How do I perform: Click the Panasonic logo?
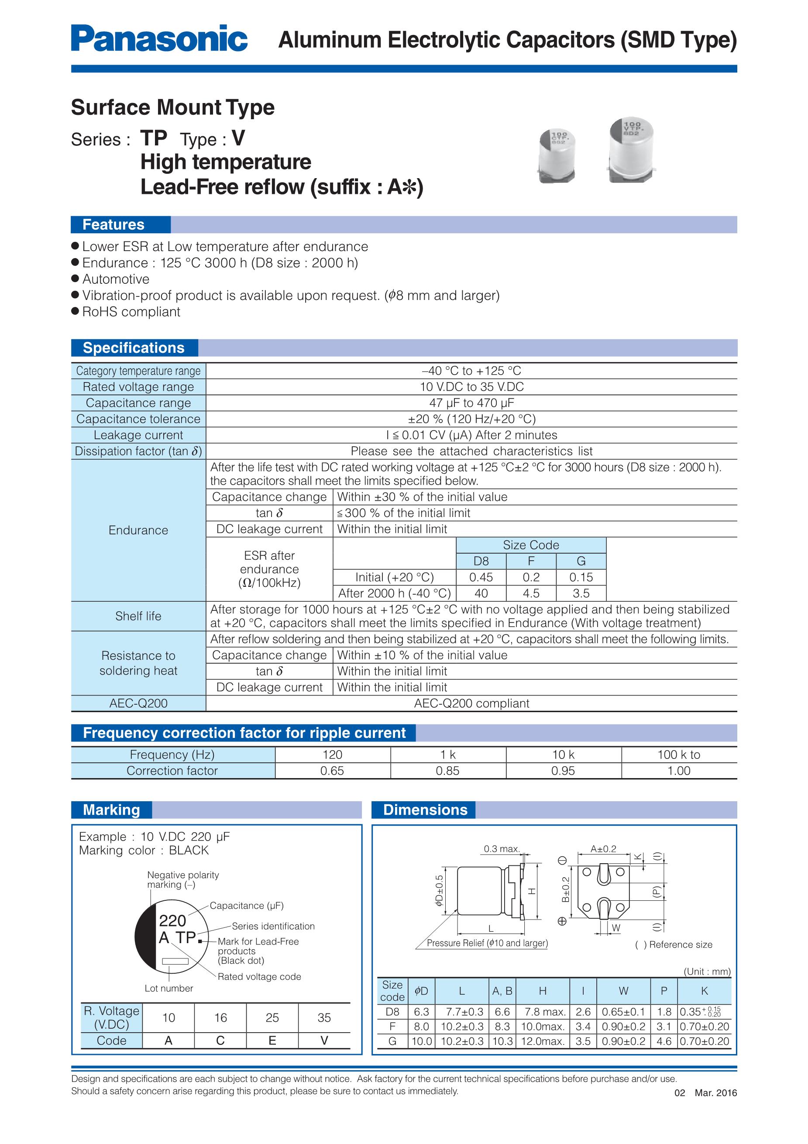click(159, 39)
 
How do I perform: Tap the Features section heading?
click(113, 225)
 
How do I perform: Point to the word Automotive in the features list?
click(116, 279)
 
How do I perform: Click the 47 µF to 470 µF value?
click(471, 403)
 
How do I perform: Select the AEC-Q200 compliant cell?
click(471, 703)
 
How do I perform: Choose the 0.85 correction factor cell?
click(447, 770)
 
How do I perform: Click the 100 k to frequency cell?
click(678, 755)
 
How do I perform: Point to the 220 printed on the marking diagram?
click(172, 920)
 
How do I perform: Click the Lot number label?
click(168, 988)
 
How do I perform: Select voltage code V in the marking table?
click(324, 1041)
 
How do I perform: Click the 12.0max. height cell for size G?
click(543, 1041)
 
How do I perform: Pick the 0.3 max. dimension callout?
click(502, 849)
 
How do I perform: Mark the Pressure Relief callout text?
click(487, 943)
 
